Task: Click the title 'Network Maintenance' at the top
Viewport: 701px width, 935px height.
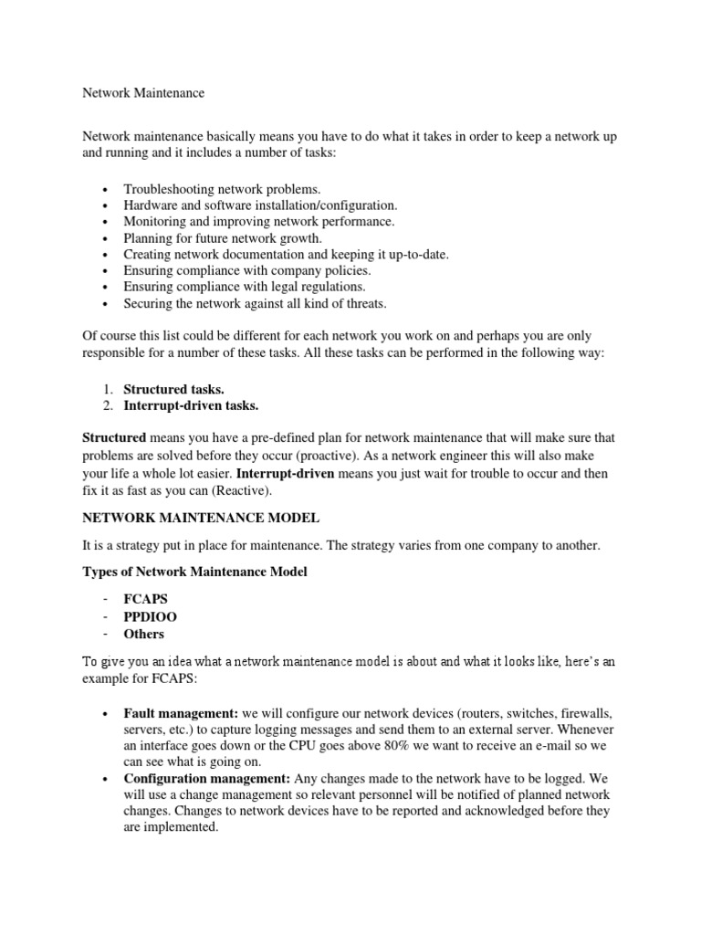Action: point(144,92)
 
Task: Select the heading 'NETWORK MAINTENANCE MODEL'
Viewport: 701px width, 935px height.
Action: point(201,518)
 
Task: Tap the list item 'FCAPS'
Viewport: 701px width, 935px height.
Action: point(146,599)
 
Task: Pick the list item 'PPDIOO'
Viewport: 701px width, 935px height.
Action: point(151,616)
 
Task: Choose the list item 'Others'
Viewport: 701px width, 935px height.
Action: point(144,634)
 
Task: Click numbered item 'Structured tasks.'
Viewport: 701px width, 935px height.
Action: point(173,389)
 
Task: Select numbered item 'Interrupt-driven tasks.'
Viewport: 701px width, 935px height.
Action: point(191,405)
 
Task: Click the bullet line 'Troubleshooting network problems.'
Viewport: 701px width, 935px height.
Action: point(223,188)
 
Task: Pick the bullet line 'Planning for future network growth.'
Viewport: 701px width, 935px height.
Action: point(223,237)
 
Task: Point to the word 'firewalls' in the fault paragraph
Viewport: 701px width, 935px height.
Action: point(585,712)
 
